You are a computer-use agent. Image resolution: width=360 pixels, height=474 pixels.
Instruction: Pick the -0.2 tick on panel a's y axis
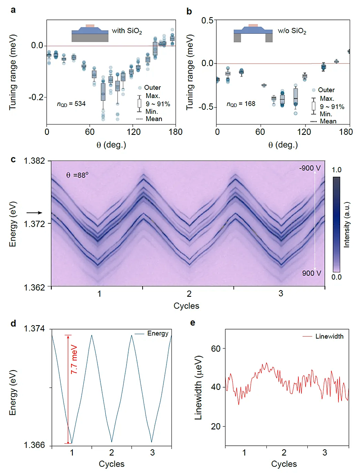coord(36,98)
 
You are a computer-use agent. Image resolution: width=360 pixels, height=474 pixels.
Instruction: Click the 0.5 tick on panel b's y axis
coord(206,20)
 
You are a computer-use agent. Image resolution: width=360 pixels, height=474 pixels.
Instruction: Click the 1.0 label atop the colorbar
coord(339,170)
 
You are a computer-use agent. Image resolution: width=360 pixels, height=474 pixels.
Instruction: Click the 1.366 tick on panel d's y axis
coord(38,445)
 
